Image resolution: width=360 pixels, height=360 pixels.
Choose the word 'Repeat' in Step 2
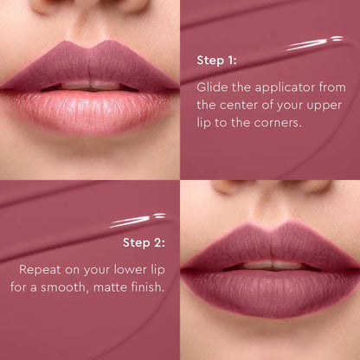[41, 268]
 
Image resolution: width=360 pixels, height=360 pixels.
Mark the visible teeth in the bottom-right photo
[268, 265]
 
